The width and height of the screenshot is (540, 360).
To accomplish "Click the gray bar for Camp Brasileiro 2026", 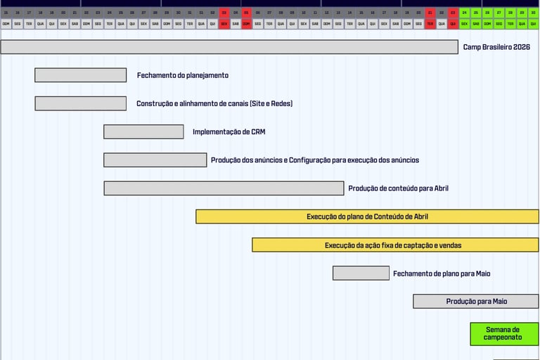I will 229,47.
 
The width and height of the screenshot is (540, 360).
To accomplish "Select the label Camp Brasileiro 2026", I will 496,47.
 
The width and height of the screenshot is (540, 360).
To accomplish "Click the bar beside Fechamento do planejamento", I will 81,75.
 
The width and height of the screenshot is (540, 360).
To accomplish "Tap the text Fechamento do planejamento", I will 183,75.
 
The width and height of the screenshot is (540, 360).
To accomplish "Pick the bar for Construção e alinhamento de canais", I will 81,103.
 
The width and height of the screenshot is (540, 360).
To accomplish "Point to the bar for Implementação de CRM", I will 143,131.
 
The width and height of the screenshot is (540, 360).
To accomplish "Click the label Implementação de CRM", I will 229,131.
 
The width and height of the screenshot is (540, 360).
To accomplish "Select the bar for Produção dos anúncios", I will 155,160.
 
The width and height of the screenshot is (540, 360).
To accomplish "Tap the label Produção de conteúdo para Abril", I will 398,188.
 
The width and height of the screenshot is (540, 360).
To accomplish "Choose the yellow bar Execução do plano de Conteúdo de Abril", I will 367,217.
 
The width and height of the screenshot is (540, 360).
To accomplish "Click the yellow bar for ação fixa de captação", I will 395,245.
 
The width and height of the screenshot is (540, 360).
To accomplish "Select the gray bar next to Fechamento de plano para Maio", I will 361,273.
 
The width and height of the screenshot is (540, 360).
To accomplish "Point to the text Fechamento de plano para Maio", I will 442,274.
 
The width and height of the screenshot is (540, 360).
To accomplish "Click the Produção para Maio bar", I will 476,302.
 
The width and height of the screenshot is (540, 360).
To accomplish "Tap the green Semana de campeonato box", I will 503,333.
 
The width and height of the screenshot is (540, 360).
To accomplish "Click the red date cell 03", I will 224,13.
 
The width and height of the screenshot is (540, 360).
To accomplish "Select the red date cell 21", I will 430,13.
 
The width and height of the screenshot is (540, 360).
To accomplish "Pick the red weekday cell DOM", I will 247,24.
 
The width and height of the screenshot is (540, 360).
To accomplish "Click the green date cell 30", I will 533,13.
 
